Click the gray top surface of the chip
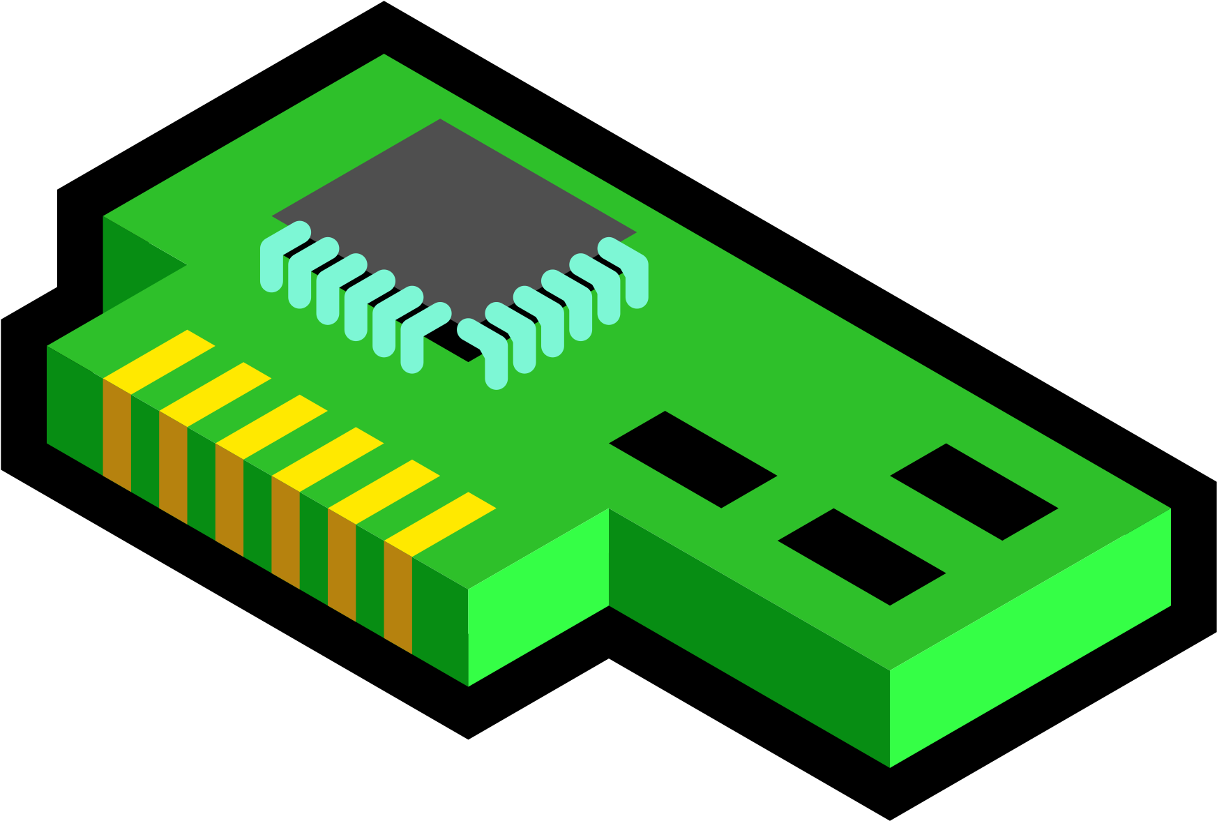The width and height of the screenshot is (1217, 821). (x=453, y=209)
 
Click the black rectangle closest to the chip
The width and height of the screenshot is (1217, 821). (x=693, y=459)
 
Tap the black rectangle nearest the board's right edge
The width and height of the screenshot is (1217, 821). (x=974, y=492)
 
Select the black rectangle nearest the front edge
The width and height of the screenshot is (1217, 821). (x=861, y=557)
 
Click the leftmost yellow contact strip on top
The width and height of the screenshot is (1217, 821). (x=159, y=362)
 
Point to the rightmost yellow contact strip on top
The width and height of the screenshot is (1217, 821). (x=440, y=525)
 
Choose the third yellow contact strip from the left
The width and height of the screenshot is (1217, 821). (x=271, y=427)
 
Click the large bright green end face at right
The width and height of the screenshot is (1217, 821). (x=1030, y=638)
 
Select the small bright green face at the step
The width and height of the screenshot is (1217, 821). (x=538, y=596)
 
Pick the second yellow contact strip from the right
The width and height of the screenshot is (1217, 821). (x=384, y=492)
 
